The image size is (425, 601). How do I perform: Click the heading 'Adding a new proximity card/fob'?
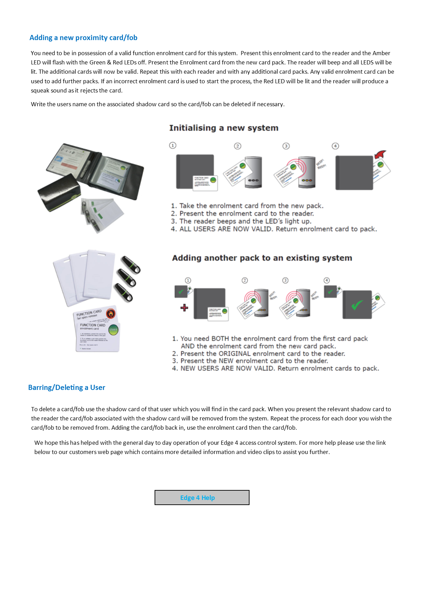click(x=83, y=38)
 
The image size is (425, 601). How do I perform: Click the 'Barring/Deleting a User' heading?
click(x=66, y=388)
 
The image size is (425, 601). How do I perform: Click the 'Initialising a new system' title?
click(x=223, y=128)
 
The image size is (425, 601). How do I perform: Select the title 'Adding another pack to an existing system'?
click(x=262, y=258)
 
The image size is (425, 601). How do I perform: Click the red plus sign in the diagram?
click(x=184, y=307)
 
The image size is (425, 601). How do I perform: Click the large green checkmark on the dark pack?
click(x=357, y=305)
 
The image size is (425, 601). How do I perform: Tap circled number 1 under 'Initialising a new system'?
click(x=173, y=146)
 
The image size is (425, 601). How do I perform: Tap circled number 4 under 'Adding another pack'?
click(x=327, y=280)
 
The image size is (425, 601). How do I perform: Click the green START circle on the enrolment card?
click(x=113, y=330)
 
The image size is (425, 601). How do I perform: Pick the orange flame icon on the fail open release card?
click(x=110, y=313)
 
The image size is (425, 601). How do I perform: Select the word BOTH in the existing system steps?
click(x=220, y=339)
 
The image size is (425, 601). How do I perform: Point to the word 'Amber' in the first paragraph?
click(x=381, y=53)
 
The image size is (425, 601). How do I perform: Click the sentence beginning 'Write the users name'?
click(x=158, y=104)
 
